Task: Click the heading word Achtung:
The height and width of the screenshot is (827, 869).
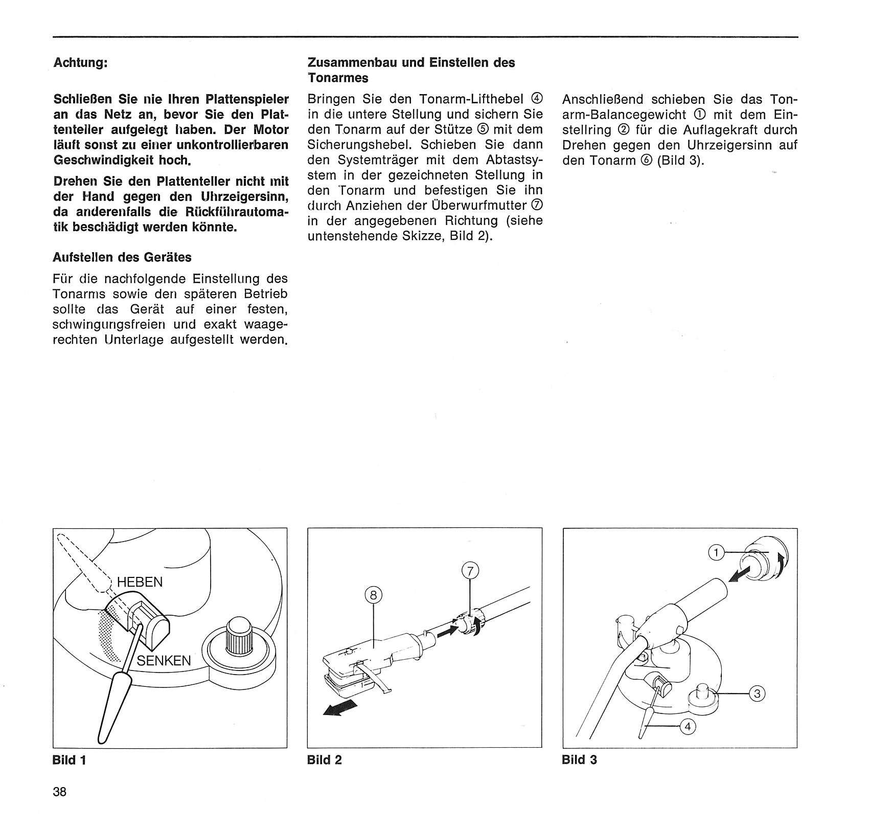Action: (81, 63)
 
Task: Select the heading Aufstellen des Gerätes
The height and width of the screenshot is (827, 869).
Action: (122, 257)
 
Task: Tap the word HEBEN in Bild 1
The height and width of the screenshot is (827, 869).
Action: (140, 582)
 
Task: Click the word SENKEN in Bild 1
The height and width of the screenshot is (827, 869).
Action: (164, 660)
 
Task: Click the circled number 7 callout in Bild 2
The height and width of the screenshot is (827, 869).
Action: (471, 570)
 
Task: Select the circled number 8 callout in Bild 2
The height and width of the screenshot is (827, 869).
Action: (375, 595)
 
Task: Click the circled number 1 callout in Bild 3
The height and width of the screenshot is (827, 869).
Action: (717, 552)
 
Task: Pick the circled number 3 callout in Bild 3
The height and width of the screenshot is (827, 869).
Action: (758, 694)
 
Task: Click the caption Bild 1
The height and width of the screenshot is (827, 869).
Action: (70, 760)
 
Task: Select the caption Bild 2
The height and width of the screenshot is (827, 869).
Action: (325, 760)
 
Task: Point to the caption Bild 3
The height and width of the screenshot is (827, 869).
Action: (579, 760)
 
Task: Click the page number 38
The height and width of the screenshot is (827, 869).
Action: (60, 792)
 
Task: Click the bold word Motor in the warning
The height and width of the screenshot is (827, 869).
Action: (271, 130)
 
